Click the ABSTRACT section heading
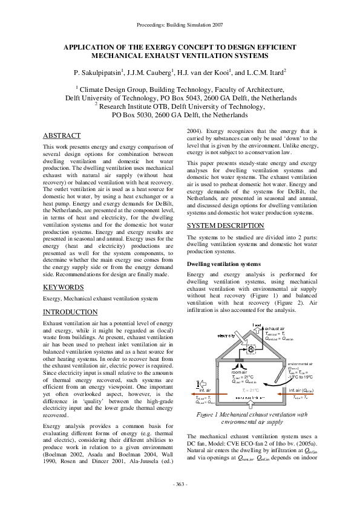tap(63, 135)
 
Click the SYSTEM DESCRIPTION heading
tap(217, 225)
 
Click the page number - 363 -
tap(180, 485)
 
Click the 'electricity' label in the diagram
tap(227, 336)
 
